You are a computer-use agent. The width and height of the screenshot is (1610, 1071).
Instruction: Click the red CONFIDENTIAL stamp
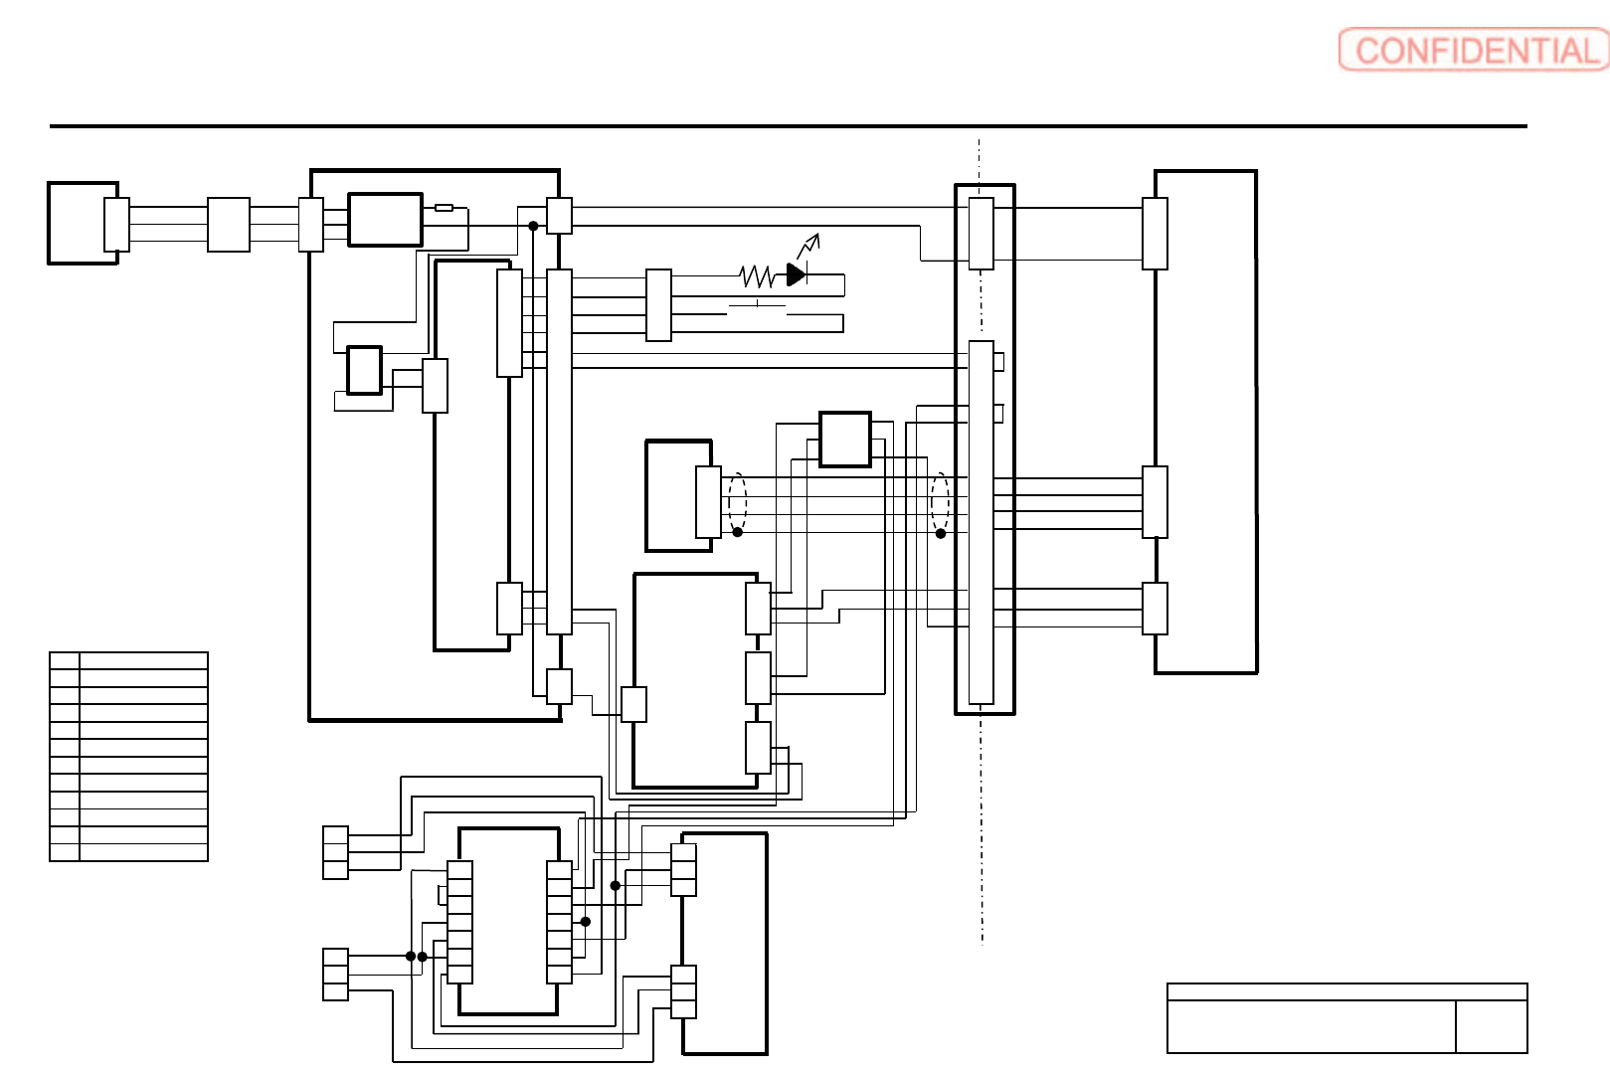click(1473, 50)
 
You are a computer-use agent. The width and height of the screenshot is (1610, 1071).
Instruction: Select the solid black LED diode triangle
click(796, 273)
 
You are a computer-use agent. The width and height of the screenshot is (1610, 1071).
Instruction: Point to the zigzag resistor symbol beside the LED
click(757, 275)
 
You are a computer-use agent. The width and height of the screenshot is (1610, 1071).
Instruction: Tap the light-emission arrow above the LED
click(808, 245)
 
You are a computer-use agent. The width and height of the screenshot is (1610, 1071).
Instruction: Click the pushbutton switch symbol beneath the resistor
click(758, 306)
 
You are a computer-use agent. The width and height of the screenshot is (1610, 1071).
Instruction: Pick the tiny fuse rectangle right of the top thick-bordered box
click(445, 208)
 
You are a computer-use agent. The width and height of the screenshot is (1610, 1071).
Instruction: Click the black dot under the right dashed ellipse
click(941, 534)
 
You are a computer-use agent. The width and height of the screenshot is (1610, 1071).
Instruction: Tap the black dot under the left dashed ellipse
click(738, 532)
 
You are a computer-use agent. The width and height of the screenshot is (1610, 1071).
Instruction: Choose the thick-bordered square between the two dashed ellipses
click(845, 439)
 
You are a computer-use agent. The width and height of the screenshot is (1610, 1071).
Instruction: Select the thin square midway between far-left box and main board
click(229, 225)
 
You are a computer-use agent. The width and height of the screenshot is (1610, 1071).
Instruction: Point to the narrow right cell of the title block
click(1491, 1026)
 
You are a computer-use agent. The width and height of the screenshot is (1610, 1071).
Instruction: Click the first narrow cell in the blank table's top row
click(65, 660)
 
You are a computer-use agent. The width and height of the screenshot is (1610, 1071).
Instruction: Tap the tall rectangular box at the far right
click(1205, 422)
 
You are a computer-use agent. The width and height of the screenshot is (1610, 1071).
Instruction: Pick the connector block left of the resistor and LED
click(658, 305)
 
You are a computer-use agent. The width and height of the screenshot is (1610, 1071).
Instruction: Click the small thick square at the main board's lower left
click(364, 370)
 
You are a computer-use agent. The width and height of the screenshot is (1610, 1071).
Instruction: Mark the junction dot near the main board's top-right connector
click(533, 226)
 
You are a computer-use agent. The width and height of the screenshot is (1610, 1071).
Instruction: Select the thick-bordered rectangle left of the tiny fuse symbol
click(385, 220)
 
